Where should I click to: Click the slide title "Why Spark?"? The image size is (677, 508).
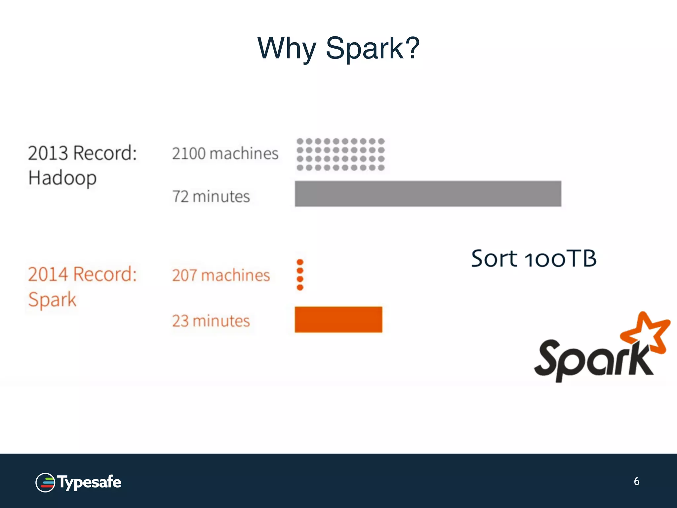click(x=338, y=48)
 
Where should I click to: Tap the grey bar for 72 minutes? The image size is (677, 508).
click(x=428, y=194)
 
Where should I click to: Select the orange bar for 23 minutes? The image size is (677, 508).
click(x=338, y=319)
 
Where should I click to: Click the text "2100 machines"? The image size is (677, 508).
click(x=225, y=153)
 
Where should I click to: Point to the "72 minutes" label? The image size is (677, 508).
click(x=211, y=196)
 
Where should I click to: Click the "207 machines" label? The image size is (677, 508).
click(x=221, y=275)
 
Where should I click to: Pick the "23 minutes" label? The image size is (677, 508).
click(x=211, y=321)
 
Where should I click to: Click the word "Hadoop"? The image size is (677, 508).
click(x=62, y=178)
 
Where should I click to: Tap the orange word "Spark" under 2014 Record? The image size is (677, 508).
click(x=52, y=300)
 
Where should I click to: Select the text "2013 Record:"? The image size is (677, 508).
click(x=82, y=153)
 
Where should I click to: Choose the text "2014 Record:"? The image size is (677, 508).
click(x=82, y=274)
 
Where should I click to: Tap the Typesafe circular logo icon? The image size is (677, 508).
click(x=45, y=483)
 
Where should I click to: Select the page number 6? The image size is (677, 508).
click(x=636, y=481)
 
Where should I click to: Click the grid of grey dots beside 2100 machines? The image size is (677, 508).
click(x=340, y=154)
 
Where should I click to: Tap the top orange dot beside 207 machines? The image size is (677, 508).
click(x=300, y=262)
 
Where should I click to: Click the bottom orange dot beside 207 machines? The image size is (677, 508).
click(x=300, y=287)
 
